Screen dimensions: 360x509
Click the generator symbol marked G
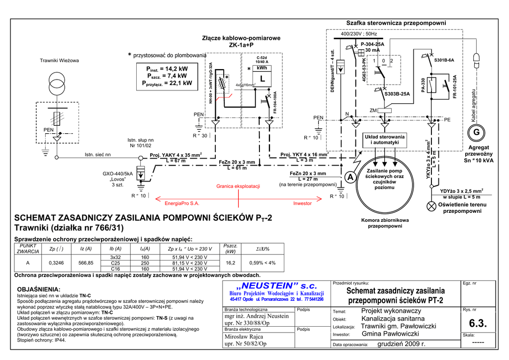(476, 133)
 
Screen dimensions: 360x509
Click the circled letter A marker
(350, 178)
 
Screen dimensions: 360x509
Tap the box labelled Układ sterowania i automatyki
(385, 140)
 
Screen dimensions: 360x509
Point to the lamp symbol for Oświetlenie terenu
(430, 206)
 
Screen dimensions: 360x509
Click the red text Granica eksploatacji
(238, 186)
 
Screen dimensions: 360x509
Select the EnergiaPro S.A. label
(181, 203)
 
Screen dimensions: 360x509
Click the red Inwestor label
(302, 203)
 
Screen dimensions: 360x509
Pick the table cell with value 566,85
(86, 263)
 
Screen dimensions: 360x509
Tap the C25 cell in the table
(115, 263)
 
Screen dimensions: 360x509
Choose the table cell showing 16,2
(231, 263)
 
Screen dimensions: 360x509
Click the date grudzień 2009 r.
(402, 344)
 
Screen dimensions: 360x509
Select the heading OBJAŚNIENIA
(39, 289)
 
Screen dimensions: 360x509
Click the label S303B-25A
(397, 93)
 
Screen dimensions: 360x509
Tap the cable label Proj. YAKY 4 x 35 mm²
(175, 155)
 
